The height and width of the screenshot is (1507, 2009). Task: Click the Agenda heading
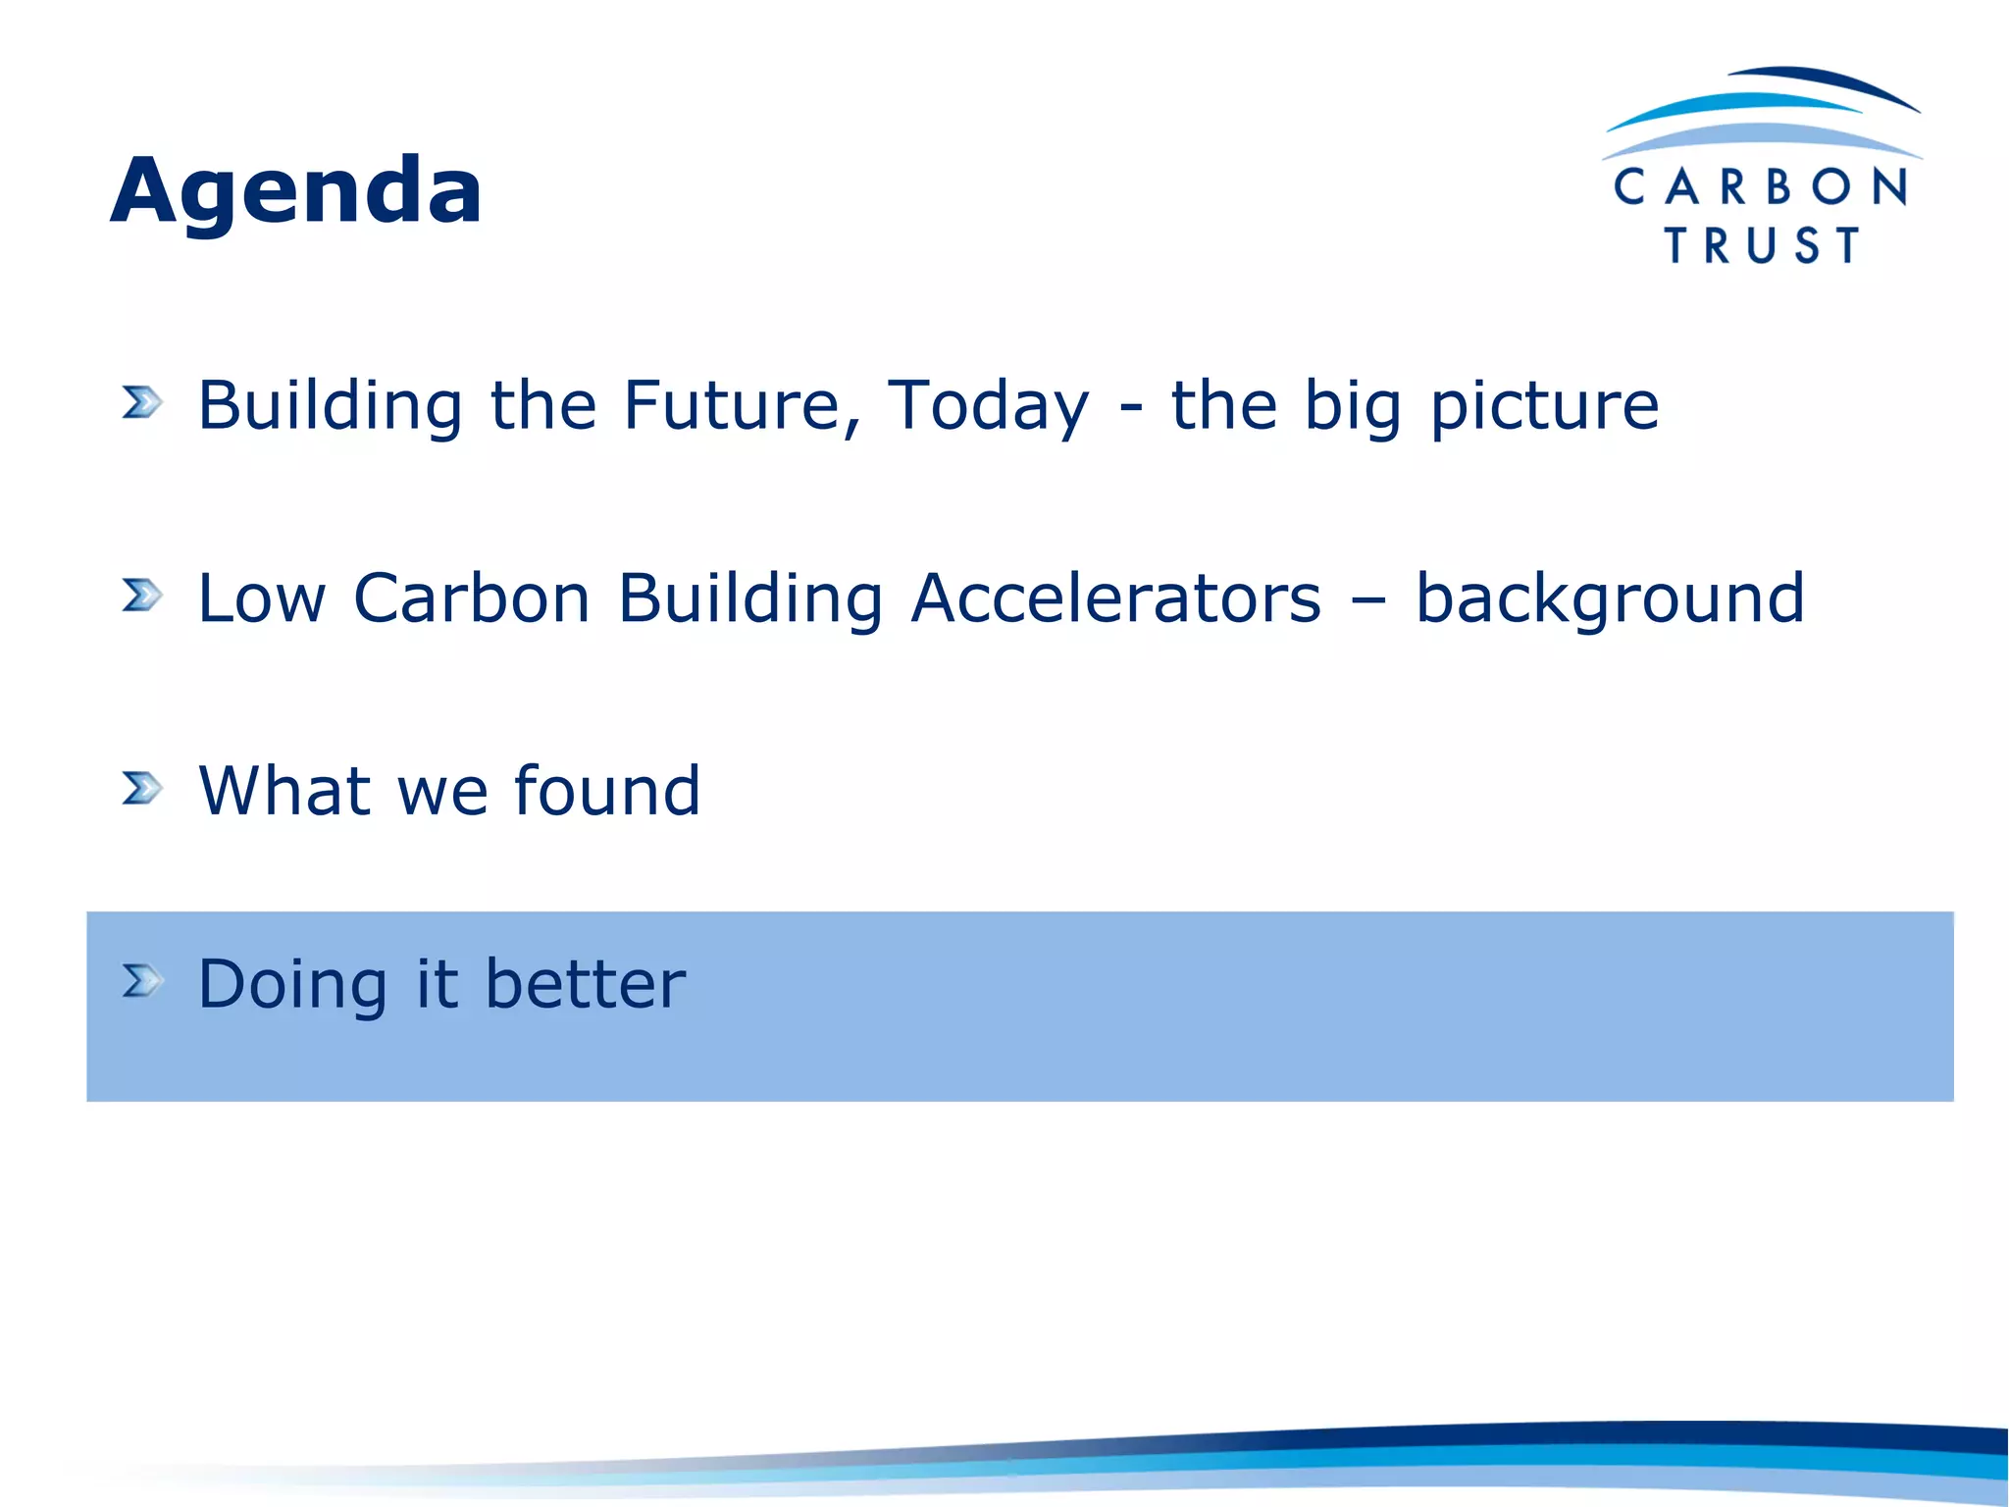(295, 191)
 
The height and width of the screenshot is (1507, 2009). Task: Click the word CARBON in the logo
(1761, 186)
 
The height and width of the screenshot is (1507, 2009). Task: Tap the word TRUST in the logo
(1762, 245)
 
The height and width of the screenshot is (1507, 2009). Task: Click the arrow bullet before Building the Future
(142, 401)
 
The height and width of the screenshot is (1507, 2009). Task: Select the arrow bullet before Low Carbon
(142, 595)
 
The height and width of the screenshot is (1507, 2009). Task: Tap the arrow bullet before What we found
(142, 788)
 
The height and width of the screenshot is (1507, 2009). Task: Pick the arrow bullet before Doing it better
(142, 980)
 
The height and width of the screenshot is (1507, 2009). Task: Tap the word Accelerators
(1115, 598)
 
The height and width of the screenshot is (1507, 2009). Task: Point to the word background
(1610, 599)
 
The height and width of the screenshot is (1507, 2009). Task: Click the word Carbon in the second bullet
(471, 598)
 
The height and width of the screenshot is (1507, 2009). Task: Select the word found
(607, 791)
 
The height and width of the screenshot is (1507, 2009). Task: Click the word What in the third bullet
(285, 791)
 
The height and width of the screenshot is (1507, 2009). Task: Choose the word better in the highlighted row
(586, 983)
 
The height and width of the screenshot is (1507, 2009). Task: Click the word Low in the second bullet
(261, 598)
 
